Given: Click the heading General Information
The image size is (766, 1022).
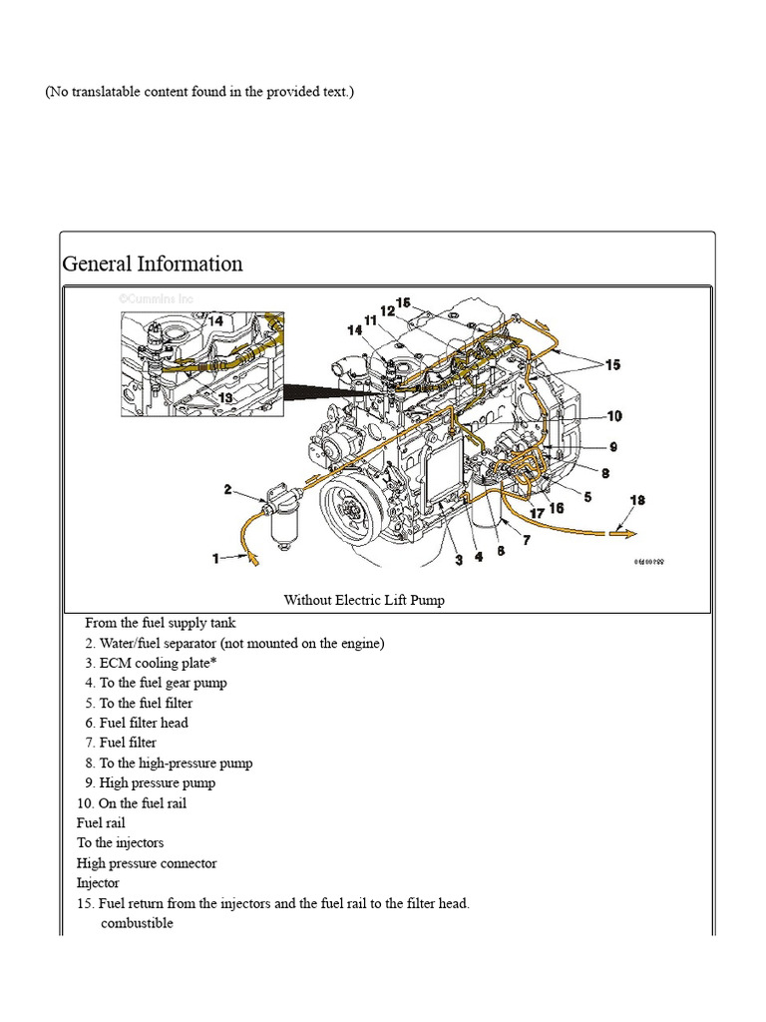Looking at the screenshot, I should tap(153, 264).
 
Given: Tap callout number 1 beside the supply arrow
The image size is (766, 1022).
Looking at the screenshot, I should tap(215, 559).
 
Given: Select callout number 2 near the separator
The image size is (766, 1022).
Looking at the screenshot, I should tap(227, 489).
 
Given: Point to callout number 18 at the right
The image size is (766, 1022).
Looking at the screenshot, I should tap(637, 499).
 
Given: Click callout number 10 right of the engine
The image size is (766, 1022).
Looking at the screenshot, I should tap(613, 416).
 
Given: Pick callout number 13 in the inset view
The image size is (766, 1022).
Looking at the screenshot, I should tap(225, 397).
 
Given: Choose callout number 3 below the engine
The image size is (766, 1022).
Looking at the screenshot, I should tap(459, 559).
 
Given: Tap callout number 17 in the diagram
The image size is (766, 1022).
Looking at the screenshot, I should tap(537, 513).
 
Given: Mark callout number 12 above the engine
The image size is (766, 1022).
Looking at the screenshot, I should tap(387, 310).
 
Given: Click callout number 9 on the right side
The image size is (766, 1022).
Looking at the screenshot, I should tap(613, 446).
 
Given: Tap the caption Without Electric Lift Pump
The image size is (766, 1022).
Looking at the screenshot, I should tap(364, 600).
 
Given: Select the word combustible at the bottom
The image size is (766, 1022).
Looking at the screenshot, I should tap(137, 923).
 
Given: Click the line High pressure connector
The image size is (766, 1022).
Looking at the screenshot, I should tap(147, 863).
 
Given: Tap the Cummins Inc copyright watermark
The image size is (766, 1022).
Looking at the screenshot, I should tap(157, 298).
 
